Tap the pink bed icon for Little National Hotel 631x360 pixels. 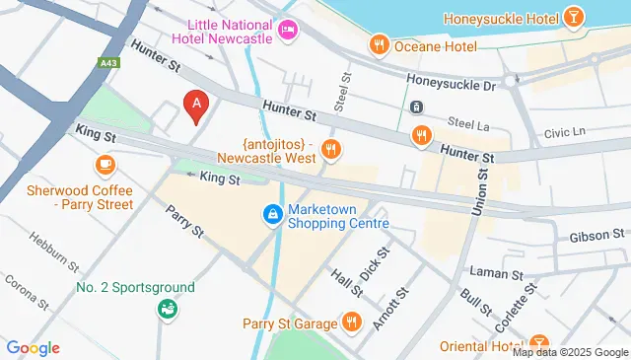point(288,30)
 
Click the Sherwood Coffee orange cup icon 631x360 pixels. point(103,164)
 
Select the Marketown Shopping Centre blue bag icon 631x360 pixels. point(271,213)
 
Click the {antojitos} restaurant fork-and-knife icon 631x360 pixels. point(331,150)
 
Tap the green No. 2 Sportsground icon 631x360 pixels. point(168,309)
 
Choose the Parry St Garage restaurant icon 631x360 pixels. point(352,322)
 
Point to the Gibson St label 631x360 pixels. point(596,236)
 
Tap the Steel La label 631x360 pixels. point(468,121)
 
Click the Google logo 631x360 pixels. point(33,347)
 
